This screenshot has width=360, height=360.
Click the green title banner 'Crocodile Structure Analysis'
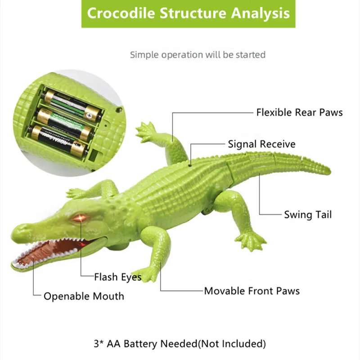188,14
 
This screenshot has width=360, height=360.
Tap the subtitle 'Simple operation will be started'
198,55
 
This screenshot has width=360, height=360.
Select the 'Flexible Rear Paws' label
299,112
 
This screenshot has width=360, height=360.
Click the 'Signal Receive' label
261,144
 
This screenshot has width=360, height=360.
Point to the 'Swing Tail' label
308,215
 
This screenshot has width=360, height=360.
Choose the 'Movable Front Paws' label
252,291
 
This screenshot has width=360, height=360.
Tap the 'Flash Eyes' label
118,277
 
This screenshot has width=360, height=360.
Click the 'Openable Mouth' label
84,296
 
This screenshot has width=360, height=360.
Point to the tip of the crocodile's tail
330,171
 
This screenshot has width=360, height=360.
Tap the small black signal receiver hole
190,165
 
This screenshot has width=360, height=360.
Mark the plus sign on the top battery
89,116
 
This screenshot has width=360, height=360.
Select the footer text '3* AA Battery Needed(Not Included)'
180,344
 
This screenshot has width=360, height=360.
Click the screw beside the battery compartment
119,110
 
